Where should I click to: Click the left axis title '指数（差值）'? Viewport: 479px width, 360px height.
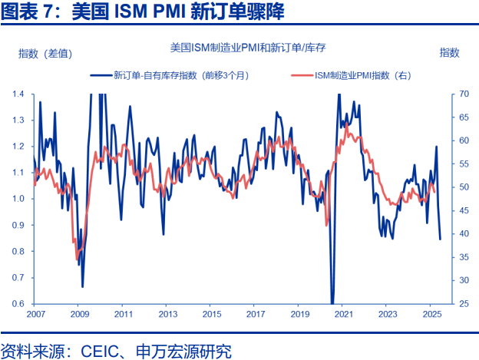tap(45, 53)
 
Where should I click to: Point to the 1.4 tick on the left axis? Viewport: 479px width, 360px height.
tap(18, 94)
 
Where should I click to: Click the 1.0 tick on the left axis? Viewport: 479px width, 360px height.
tap(18, 199)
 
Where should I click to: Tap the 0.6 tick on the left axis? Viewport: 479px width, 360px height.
tap(18, 304)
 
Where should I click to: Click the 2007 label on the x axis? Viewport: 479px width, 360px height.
tap(35, 315)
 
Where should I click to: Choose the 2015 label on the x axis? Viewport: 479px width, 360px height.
tap(211, 315)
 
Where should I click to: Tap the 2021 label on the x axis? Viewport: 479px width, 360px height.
tap(343, 315)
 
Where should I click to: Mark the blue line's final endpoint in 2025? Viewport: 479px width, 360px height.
tap(441, 239)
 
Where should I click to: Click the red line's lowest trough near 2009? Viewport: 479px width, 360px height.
tap(78, 259)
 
